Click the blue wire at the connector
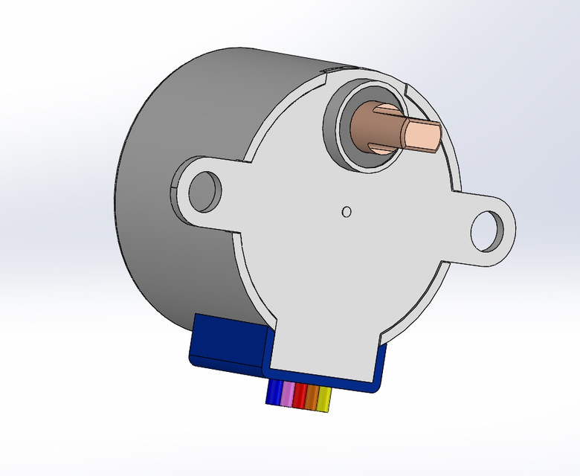click(x=274, y=394)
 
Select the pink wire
click(x=286, y=396)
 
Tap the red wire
click(x=300, y=396)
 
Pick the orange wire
click(x=312, y=398)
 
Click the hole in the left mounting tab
click(x=204, y=191)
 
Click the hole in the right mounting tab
click(x=488, y=230)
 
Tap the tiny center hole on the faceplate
click(x=346, y=212)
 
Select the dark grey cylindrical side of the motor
click(x=164, y=186)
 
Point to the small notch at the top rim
click(x=328, y=71)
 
